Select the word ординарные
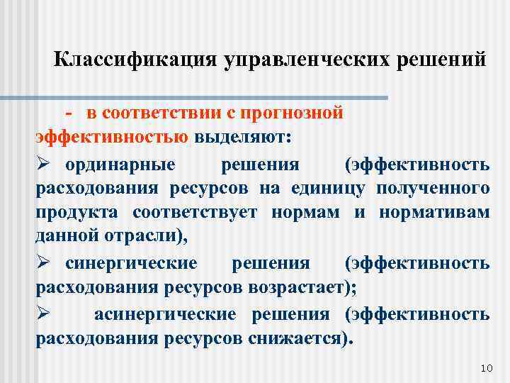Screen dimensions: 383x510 coord(120,165)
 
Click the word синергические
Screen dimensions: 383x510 coord(131,264)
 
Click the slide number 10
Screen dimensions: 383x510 coord(485,368)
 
